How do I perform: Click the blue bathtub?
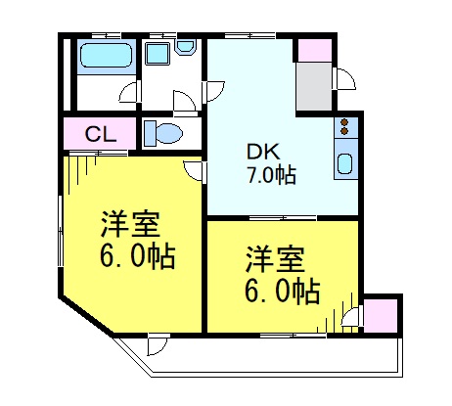(105, 58)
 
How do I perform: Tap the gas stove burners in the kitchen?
(344, 126)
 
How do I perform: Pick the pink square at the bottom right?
(381, 314)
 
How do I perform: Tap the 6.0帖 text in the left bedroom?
(137, 257)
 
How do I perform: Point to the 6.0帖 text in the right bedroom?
(281, 291)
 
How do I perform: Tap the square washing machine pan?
(158, 54)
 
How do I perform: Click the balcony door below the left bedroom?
(157, 344)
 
